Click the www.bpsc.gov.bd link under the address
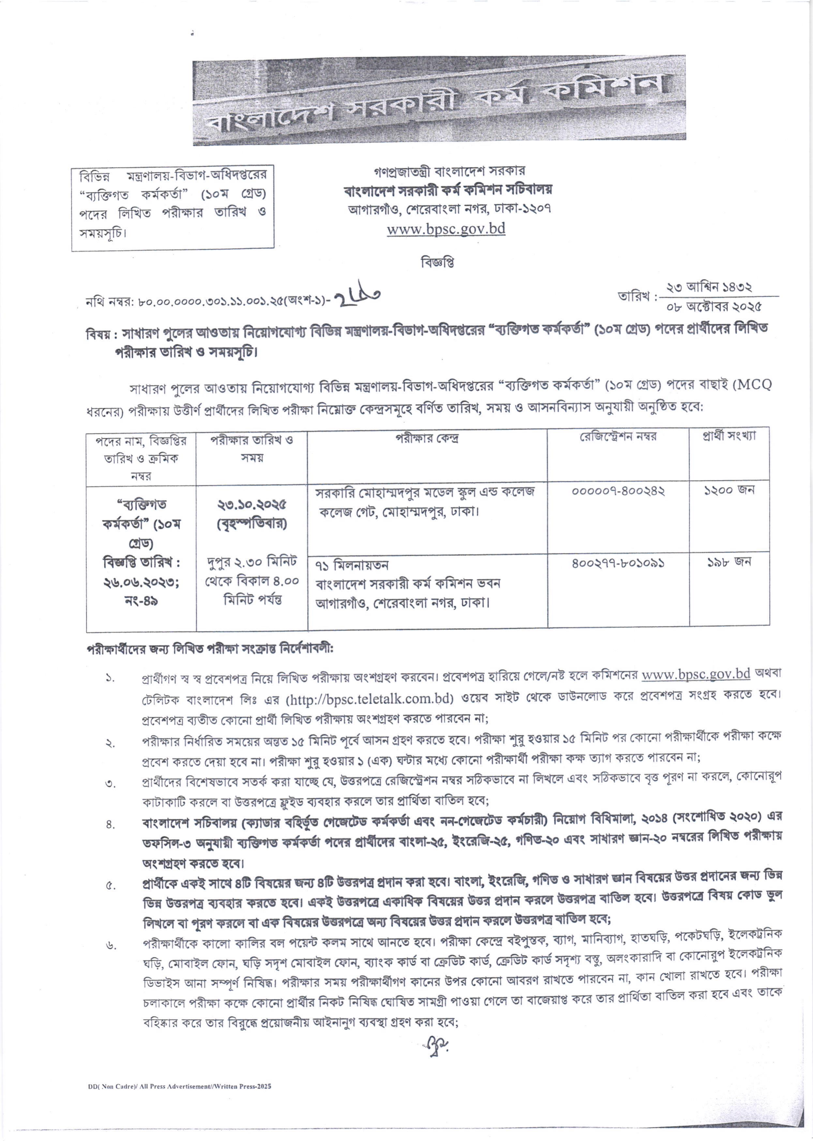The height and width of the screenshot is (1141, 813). pos(446,229)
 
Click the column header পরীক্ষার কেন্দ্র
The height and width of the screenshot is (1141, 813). pos(427,438)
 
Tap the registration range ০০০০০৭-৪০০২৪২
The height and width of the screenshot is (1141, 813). pos(618,491)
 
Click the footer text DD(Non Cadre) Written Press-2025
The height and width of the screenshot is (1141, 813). pos(178,1087)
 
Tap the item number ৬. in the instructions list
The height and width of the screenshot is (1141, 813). pos(111,946)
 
